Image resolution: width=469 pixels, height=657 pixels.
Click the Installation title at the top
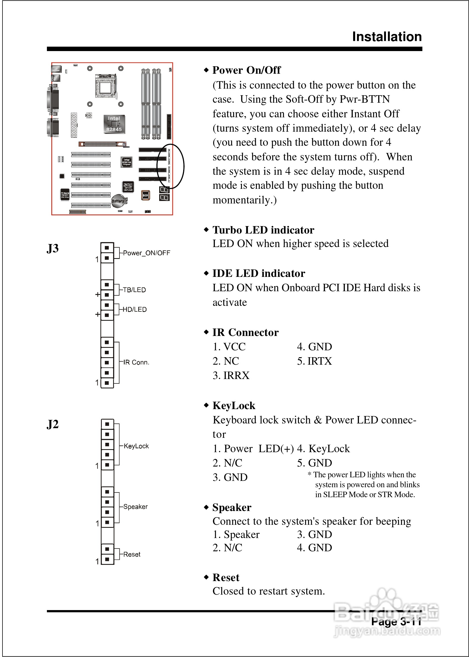[x=387, y=37]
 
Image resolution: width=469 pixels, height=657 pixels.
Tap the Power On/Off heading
[x=246, y=70]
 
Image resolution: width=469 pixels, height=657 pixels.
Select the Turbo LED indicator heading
[x=263, y=230]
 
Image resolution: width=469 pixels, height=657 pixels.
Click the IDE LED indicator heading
[x=259, y=273]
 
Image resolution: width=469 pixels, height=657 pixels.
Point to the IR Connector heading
[x=246, y=332]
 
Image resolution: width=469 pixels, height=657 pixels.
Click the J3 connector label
[x=53, y=248]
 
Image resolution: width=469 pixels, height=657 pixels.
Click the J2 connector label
[x=53, y=424]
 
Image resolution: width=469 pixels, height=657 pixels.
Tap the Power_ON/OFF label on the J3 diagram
[x=146, y=253]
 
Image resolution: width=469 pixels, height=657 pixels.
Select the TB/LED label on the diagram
[x=134, y=290]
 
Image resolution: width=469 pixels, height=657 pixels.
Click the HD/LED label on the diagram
[x=135, y=309]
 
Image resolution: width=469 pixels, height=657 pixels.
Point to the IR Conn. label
[x=136, y=362]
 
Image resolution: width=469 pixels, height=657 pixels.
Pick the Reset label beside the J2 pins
[x=132, y=554]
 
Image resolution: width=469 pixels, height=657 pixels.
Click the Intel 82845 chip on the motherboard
[x=114, y=124]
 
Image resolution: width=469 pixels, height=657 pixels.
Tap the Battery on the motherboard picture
[x=118, y=201]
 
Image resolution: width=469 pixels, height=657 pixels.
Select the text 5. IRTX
[x=315, y=361]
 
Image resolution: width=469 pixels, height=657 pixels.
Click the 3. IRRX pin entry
[x=231, y=376]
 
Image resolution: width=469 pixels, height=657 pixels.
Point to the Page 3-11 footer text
[x=396, y=621]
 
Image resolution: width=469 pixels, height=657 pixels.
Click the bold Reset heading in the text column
[x=226, y=577]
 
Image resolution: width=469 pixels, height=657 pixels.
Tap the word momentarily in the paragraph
[x=244, y=200]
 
